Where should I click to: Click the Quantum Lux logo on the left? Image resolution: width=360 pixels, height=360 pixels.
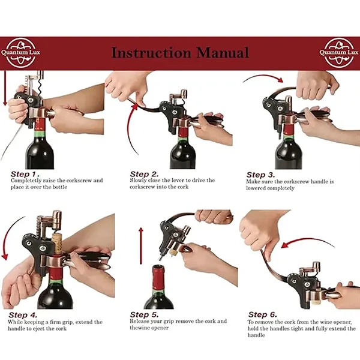(20, 53)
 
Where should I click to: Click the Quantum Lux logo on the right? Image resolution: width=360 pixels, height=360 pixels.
(339, 53)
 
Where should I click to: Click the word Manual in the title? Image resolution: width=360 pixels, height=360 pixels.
(222, 53)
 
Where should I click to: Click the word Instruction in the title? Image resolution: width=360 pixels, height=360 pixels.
(151, 53)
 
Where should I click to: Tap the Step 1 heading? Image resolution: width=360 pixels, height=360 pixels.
(25, 174)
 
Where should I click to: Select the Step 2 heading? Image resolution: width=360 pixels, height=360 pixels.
(144, 174)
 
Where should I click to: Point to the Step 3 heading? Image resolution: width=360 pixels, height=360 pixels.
(260, 175)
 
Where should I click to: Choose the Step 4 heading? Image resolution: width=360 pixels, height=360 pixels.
(23, 315)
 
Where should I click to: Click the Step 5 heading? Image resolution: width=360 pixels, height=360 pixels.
(144, 314)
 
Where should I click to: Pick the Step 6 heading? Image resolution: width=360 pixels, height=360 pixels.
(263, 314)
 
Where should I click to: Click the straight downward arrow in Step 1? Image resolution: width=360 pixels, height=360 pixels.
(5, 88)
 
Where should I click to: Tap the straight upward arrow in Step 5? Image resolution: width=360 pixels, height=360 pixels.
(141, 245)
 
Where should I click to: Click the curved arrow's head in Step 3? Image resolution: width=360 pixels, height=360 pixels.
(280, 80)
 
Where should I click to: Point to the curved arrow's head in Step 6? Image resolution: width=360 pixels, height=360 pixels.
(284, 245)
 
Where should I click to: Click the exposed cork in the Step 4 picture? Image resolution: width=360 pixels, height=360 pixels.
(57, 243)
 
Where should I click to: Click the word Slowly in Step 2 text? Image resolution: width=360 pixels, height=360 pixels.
(138, 181)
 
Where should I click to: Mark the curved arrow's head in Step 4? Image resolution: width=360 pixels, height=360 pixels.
(5, 257)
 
